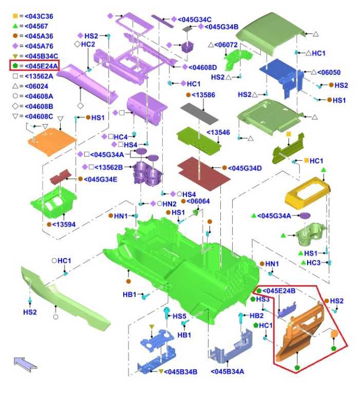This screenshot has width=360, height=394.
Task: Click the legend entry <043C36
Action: [39, 16]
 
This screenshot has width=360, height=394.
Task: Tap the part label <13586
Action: [203, 95]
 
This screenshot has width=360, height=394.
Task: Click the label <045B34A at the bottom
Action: [227, 371]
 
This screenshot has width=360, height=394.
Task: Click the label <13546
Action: [218, 132]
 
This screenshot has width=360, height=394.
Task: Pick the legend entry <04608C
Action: [39, 116]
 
